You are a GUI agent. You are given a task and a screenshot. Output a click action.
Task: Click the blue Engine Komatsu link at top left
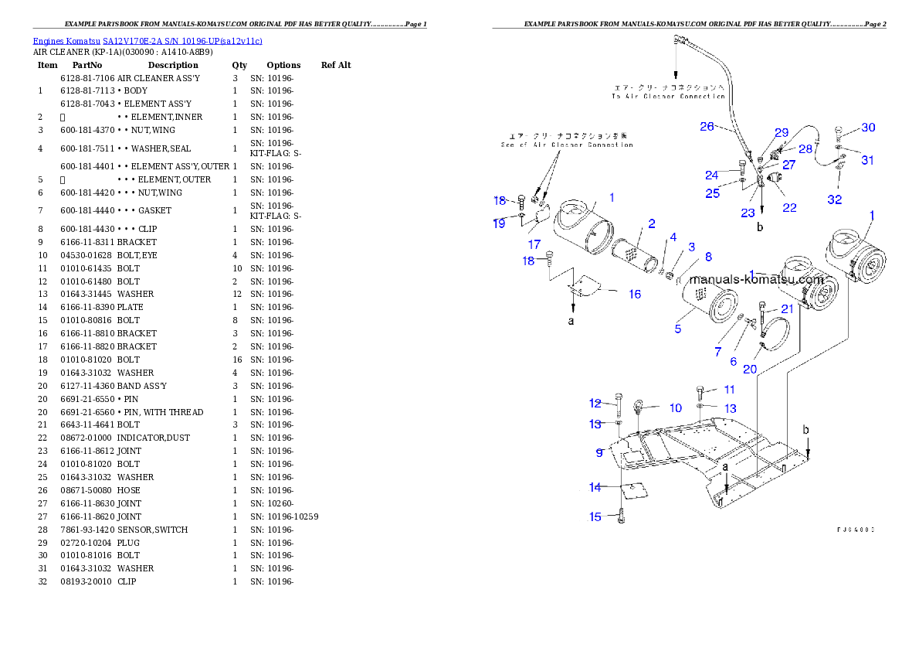click(148, 40)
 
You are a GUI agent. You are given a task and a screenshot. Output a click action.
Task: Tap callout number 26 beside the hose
click(707, 127)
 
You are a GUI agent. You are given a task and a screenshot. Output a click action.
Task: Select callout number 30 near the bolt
click(869, 128)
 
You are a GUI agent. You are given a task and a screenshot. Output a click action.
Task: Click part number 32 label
click(835, 199)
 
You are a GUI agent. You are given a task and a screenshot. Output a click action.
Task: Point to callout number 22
click(789, 207)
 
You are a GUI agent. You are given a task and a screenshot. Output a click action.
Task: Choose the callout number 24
click(712, 175)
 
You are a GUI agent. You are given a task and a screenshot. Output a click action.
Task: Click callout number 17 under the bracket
click(534, 244)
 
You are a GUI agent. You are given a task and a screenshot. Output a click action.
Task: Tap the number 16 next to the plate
click(634, 294)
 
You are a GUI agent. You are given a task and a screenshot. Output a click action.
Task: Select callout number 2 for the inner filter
click(652, 224)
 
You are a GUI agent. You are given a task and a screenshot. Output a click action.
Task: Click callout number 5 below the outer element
click(677, 329)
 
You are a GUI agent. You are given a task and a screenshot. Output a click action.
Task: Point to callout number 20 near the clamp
click(750, 369)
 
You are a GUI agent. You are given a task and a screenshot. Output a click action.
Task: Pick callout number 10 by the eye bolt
click(676, 408)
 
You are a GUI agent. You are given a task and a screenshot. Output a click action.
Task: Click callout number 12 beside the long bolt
click(595, 404)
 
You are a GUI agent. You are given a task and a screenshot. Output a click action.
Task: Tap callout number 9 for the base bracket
click(599, 452)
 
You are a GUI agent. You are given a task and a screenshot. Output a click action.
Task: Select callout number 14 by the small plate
click(595, 487)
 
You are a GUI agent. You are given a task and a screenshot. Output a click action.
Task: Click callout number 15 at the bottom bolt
click(595, 517)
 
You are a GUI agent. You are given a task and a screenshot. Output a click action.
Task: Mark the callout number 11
click(729, 390)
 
